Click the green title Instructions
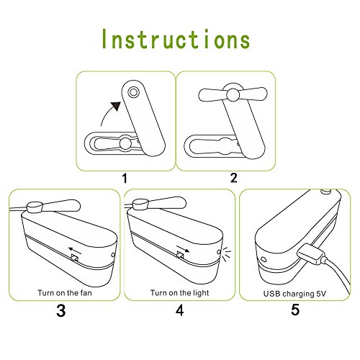click(176, 39)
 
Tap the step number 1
click(125, 179)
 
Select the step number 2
click(233, 178)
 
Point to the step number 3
click(61, 310)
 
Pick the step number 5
click(295, 310)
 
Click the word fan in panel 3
click(85, 293)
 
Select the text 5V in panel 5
click(320, 294)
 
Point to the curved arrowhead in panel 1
click(116, 106)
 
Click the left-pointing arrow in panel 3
click(75, 251)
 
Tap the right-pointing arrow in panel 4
click(183, 249)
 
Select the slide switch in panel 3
click(74, 258)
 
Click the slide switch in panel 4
click(181, 254)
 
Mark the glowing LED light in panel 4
click(219, 252)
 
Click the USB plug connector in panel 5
click(310, 254)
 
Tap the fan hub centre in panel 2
click(233, 95)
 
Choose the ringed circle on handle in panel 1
click(132, 92)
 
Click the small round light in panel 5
click(264, 259)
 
